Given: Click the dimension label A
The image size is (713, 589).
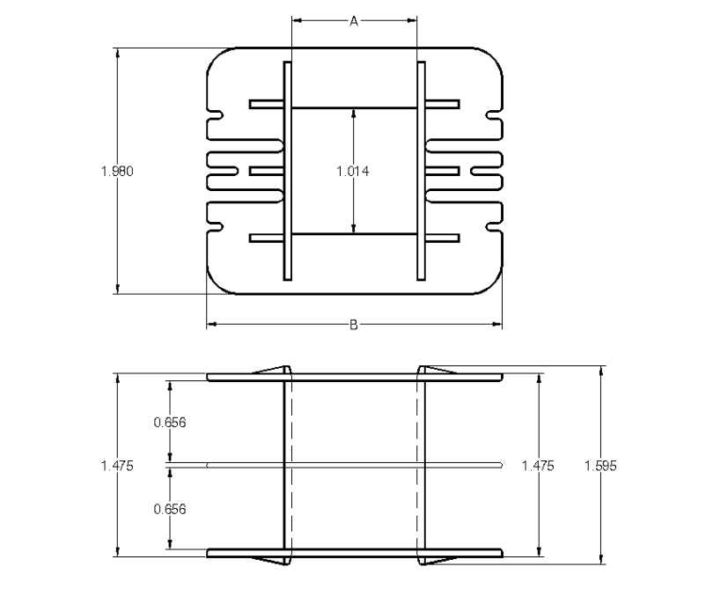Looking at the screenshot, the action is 354,21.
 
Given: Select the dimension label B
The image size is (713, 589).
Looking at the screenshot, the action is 354,325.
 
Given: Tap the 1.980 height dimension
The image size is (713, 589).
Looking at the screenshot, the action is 117,171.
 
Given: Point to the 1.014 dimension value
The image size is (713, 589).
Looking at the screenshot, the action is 353,171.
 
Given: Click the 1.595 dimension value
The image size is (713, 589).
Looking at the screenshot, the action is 600,466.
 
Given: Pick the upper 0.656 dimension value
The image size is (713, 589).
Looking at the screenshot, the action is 170,423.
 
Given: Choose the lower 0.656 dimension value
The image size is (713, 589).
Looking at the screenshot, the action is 170,509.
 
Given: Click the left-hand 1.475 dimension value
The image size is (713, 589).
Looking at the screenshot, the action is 117,466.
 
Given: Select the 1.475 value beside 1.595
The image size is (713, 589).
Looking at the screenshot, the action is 538,466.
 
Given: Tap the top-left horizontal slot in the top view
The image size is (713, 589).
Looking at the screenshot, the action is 267,104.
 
